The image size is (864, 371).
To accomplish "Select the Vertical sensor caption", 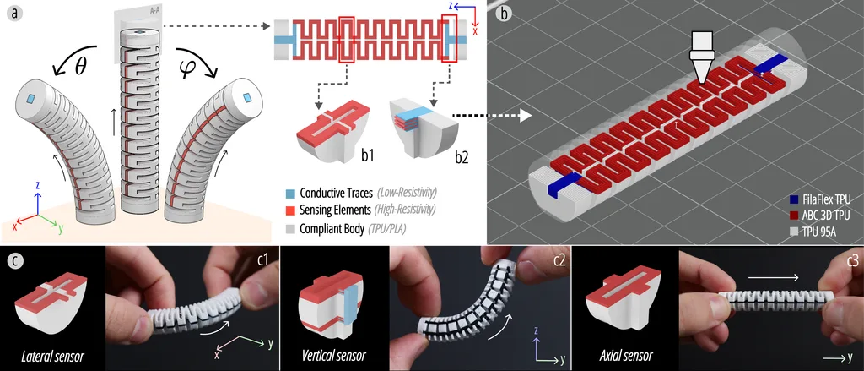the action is [334, 356].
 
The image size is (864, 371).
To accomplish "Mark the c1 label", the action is [263, 259].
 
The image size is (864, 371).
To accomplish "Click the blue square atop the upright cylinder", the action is [142, 33].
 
